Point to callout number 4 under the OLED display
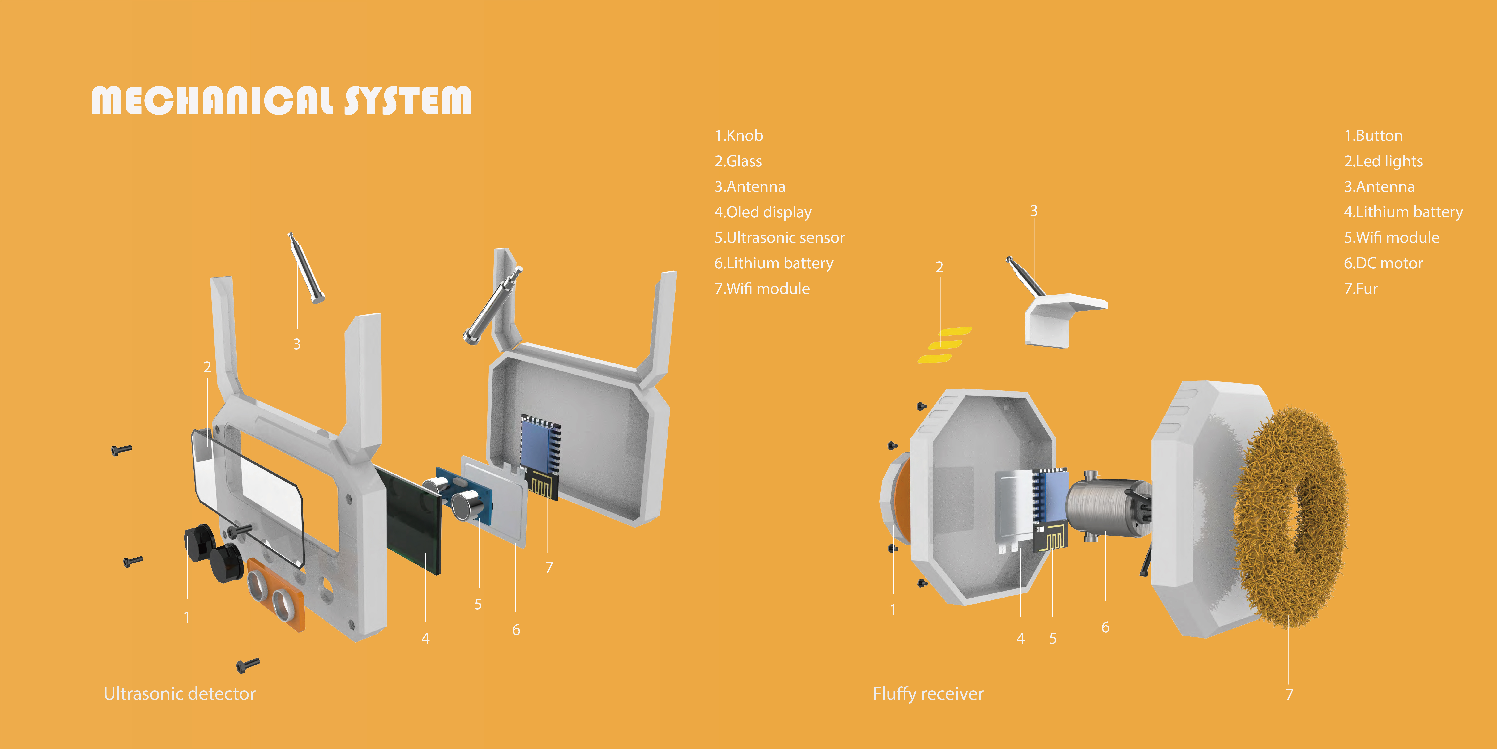point(425,639)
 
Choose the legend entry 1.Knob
point(739,136)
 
